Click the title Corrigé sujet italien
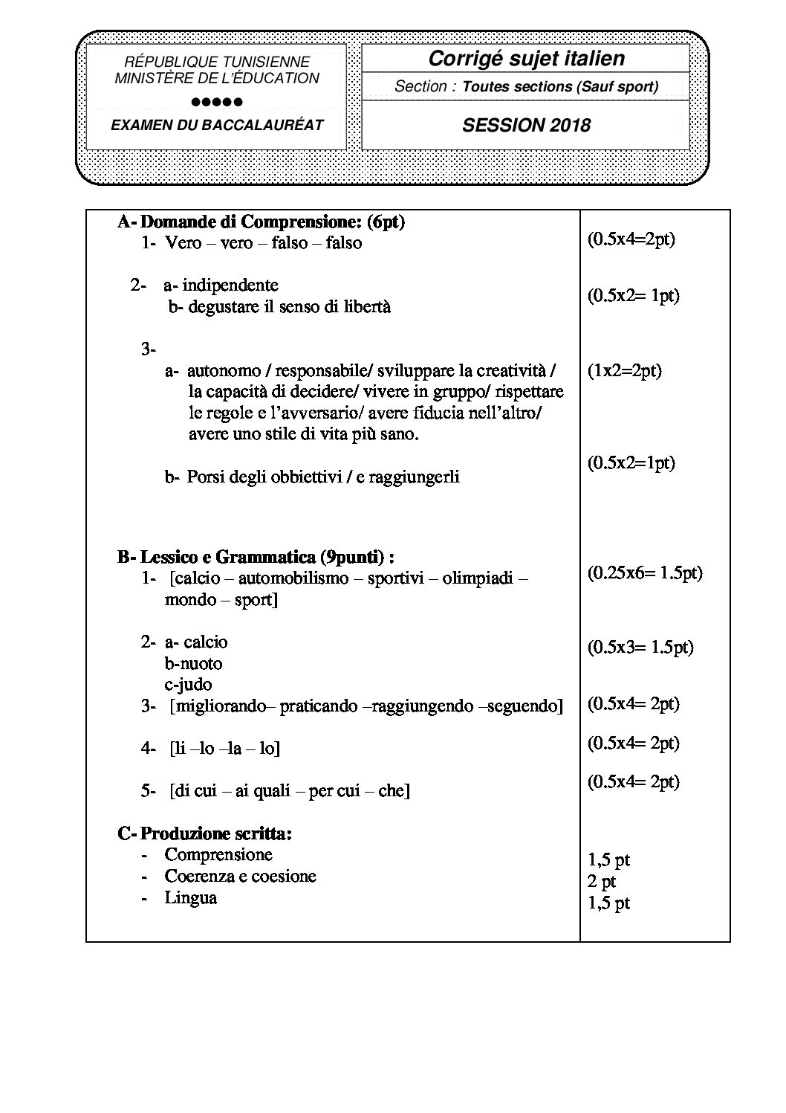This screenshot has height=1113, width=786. click(x=526, y=58)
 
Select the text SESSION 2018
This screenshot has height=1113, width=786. click(x=526, y=125)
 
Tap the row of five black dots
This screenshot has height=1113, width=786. click(x=216, y=102)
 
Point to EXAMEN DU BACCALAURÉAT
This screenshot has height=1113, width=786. click(x=217, y=125)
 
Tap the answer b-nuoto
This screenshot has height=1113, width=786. click(x=193, y=663)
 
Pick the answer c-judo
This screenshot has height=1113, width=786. click(x=188, y=684)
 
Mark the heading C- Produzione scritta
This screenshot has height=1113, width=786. click(x=205, y=833)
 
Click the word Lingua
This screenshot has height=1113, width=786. click(x=191, y=897)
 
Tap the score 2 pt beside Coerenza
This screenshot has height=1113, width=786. click(x=602, y=882)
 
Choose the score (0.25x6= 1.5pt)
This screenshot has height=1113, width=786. click(x=645, y=572)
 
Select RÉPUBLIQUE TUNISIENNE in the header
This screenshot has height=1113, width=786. click(x=217, y=62)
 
